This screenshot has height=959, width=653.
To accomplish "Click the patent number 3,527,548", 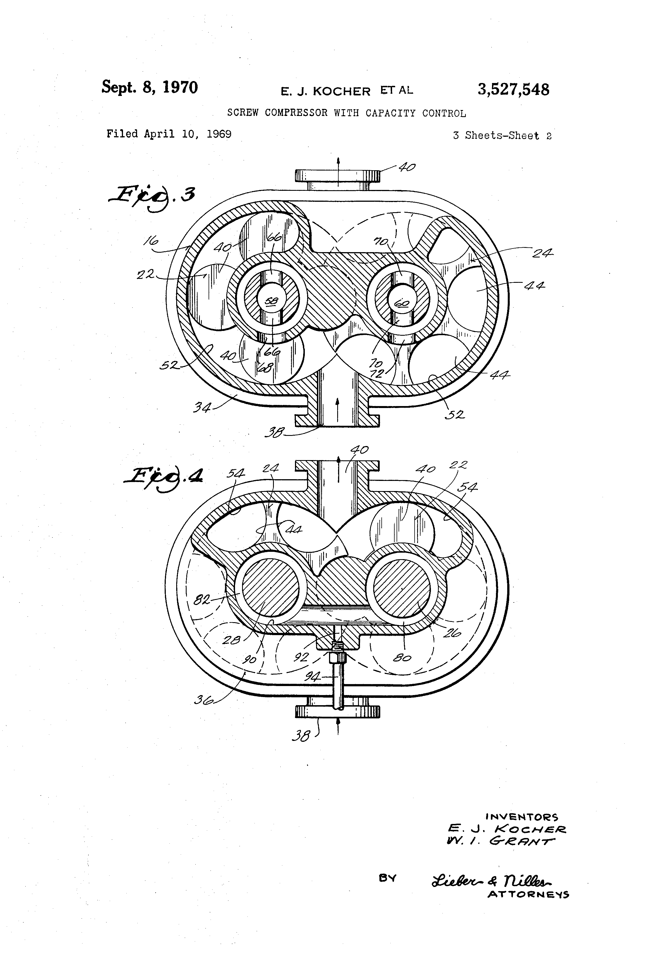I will click(x=513, y=89).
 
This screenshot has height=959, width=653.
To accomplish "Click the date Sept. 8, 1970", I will click(x=149, y=88).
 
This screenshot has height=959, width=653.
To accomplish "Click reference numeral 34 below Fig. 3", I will click(x=202, y=408).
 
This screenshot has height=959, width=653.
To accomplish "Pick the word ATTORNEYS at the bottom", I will click(x=528, y=895).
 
